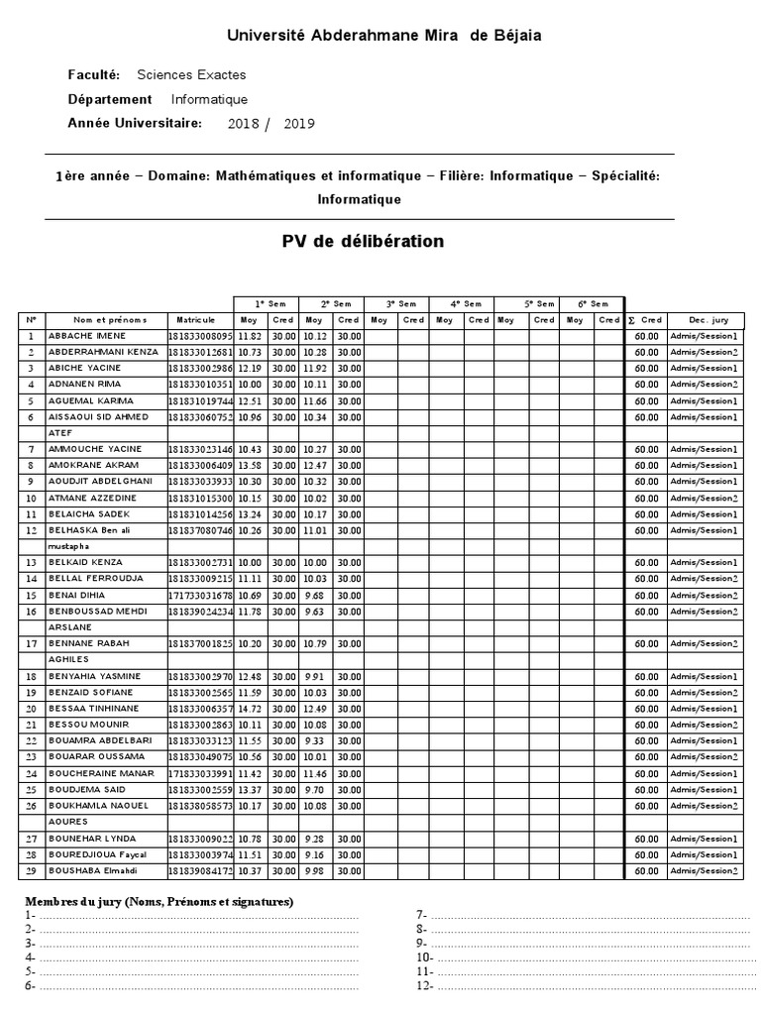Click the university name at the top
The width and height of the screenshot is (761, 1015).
pos(384,36)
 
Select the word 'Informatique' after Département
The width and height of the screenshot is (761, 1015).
pos(209,99)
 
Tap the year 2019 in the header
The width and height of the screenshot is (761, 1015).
pos(298,124)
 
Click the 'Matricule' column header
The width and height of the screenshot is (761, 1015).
pos(195,320)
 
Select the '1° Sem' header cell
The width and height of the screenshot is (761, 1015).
pos(267,303)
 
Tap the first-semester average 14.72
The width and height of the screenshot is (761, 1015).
pos(249,709)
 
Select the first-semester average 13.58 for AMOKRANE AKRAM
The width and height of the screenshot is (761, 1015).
pos(249,465)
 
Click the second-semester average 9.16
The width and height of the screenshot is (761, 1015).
pos(314,854)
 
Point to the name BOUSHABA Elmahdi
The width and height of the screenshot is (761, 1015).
pos(93,871)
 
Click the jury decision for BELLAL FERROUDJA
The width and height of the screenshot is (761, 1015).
pos(705,579)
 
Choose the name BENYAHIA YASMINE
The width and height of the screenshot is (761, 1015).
pos(94,676)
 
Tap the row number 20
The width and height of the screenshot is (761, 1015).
pos(31,709)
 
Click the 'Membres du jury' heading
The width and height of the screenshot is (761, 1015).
pos(159,902)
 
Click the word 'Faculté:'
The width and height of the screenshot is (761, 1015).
pos(94,75)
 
